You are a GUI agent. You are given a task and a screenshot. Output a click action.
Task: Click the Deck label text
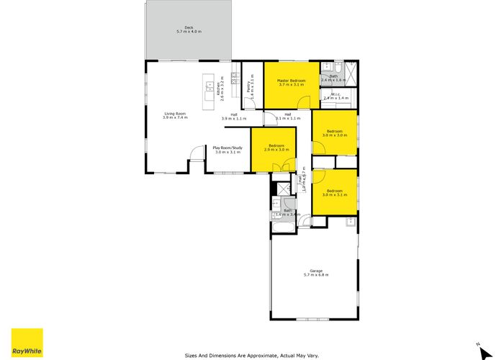(x=189, y=28)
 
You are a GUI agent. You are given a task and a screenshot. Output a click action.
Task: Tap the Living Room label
(x=175, y=114)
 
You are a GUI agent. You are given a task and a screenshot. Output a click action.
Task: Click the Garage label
(x=315, y=271)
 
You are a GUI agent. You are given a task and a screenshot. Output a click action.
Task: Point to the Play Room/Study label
(x=228, y=148)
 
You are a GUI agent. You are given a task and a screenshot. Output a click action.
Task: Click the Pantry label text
(x=248, y=86)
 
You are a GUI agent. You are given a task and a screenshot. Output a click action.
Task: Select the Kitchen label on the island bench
(x=218, y=89)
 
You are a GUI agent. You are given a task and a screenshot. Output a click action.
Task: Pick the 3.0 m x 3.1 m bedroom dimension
(x=336, y=195)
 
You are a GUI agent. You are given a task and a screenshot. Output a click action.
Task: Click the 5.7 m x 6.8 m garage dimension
(x=316, y=276)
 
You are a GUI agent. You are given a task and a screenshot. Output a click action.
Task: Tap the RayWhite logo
(x=27, y=343)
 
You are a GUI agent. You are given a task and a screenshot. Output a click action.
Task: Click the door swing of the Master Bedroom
(x=305, y=102)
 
